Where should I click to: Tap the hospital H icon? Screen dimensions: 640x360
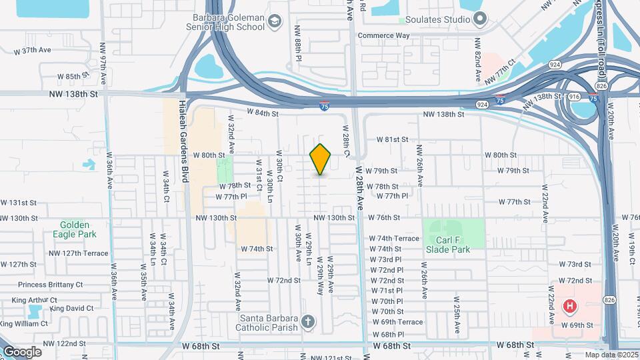[570, 307]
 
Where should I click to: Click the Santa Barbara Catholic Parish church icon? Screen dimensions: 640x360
[307, 323]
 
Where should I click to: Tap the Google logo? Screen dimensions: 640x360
[21, 351]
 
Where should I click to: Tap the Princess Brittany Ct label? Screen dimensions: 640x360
[51, 285]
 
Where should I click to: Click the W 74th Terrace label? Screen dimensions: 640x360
[395, 238]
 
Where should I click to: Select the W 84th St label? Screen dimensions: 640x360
[262, 113]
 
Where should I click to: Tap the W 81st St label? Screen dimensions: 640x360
[391, 140]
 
